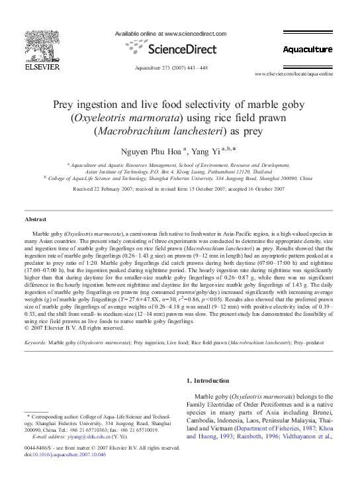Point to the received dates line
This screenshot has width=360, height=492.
point(180,188)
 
